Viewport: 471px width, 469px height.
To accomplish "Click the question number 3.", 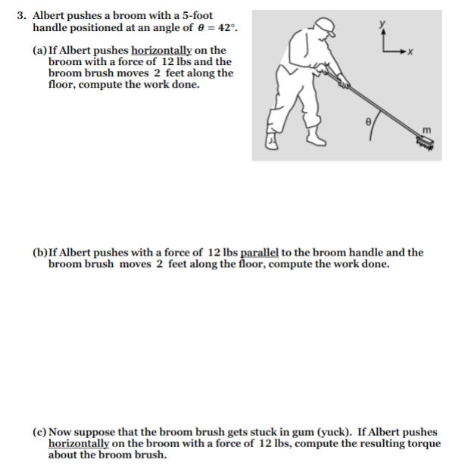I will pos(22,15).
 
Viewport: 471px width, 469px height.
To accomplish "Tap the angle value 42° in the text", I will pos(228,27).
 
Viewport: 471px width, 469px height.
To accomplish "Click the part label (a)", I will pos(40,51).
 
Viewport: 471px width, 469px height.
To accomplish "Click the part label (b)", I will pos(40,253).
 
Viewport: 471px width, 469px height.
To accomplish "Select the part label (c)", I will pos(40,432).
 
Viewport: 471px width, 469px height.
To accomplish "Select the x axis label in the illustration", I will pos(410,51).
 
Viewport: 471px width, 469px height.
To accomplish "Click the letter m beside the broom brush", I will pos(427,132).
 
